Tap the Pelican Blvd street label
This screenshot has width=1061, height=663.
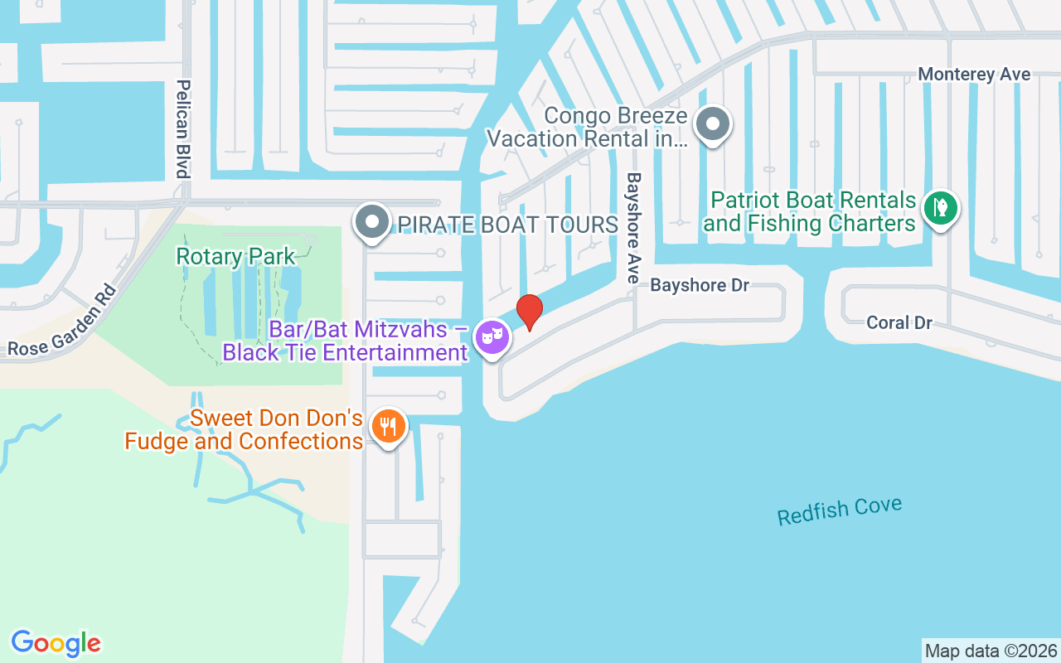click(x=183, y=128)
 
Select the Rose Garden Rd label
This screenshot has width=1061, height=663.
click(x=61, y=322)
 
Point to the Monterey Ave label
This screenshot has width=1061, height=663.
click(x=974, y=75)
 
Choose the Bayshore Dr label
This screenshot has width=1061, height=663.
click(x=700, y=285)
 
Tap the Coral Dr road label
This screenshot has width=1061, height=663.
click(x=899, y=322)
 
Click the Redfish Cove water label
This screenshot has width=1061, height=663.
click(x=839, y=511)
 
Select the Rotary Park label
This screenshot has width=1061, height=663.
click(x=235, y=256)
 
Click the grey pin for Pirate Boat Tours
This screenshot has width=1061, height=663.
click(x=372, y=222)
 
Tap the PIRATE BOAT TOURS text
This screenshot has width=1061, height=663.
click(x=508, y=225)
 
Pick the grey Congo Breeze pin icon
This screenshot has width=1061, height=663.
click(x=712, y=124)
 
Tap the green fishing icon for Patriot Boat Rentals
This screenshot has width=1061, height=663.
click(x=940, y=206)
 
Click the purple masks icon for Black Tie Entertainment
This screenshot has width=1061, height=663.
click(x=492, y=337)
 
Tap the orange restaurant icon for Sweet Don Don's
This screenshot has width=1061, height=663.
click(x=387, y=426)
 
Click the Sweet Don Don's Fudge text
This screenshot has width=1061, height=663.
click(x=244, y=429)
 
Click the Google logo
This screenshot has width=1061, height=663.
click(x=56, y=642)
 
